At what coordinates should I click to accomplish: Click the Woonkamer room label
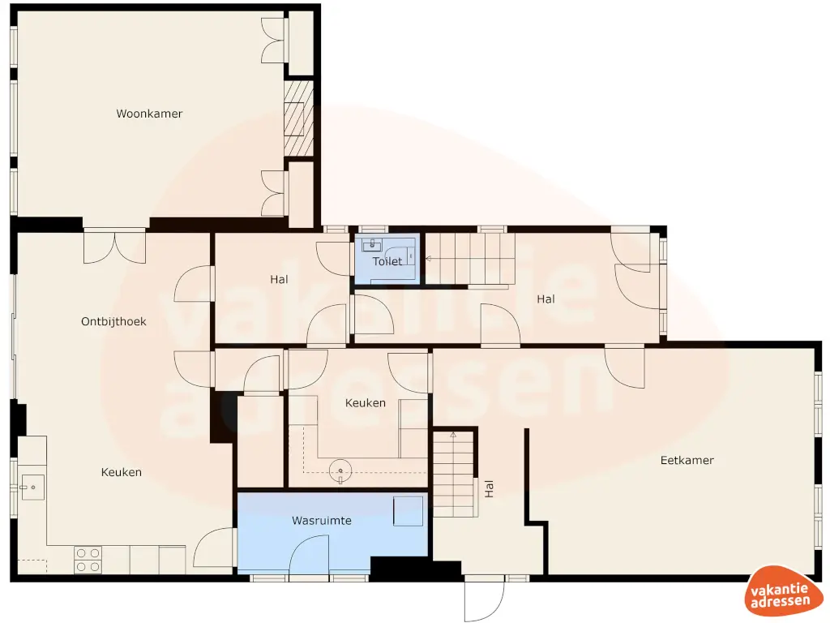click(x=149, y=114)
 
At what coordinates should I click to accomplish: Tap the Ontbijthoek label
click(x=113, y=321)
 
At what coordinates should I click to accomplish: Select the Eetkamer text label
click(x=687, y=460)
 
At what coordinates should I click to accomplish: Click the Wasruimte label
click(x=322, y=520)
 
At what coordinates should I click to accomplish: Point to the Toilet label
click(x=387, y=261)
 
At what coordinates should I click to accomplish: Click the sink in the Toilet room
click(x=372, y=245)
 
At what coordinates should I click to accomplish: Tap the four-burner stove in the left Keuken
click(x=88, y=559)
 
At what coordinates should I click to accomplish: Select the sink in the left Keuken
click(x=32, y=487)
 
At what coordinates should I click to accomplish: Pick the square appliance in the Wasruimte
click(x=408, y=511)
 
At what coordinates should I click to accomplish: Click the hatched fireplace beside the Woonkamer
click(x=298, y=118)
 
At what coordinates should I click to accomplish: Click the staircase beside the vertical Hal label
click(x=453, y=475)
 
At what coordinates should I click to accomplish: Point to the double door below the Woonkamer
click(x=114, y=247)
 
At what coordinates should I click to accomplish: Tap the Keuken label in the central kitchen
click(x=365, y=402)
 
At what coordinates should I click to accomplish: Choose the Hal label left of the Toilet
click(x=280, y=279)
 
